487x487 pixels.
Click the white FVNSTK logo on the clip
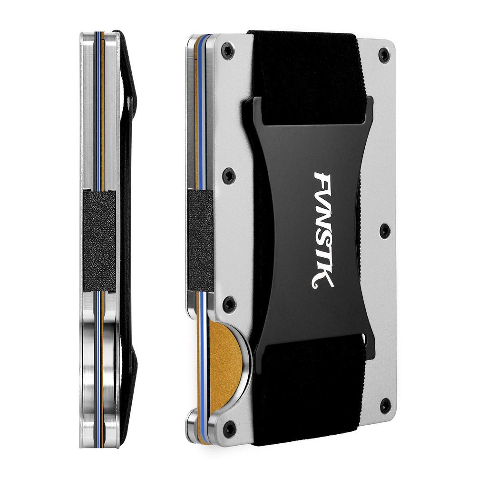click(x=323, y=230)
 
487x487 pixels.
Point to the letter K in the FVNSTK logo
click(x=323, y=280)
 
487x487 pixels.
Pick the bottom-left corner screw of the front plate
click(x=230, y=429)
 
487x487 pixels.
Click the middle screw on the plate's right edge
click(x=385, y=231)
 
